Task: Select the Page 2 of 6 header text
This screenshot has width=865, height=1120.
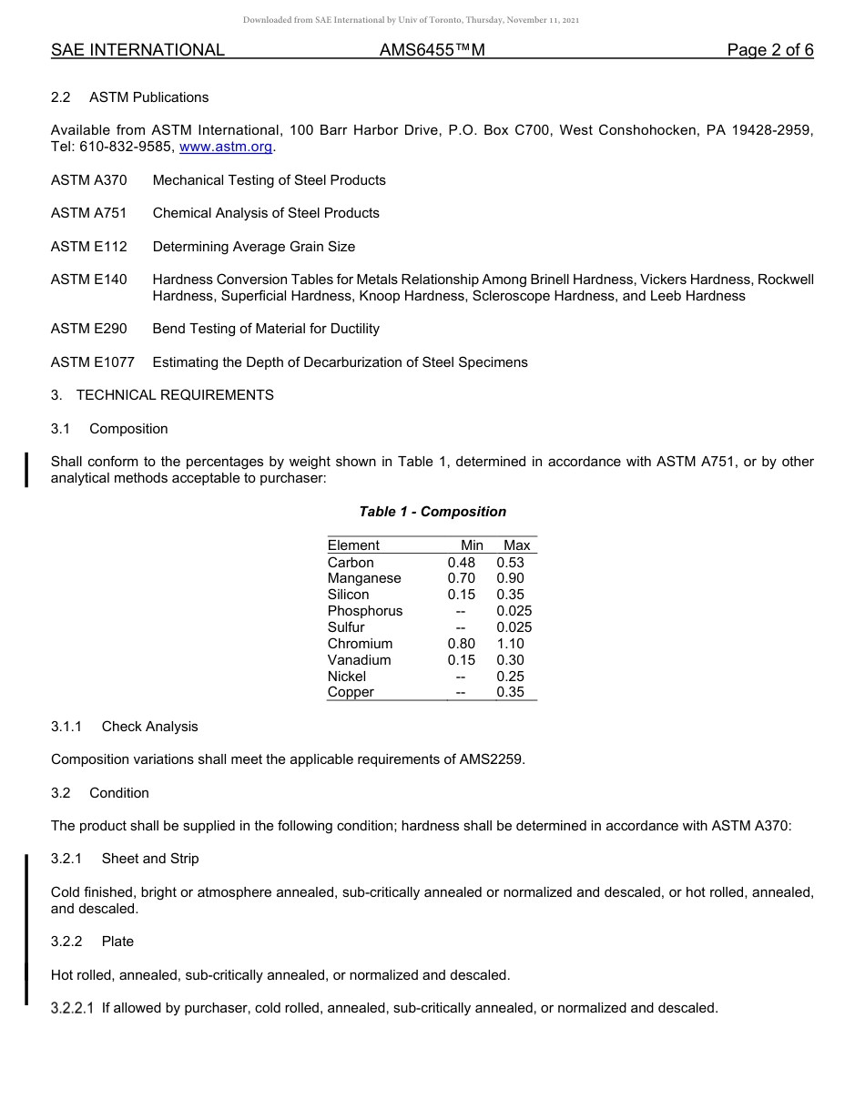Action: pos(769,50)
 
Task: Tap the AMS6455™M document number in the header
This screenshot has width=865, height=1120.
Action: pos(432,50)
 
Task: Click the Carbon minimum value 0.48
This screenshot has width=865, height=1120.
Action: pos(461,563)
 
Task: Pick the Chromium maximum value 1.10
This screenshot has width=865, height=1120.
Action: pos(510,644)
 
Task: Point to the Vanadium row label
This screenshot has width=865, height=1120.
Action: pos(359,660)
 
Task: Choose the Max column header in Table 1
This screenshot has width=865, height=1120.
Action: pos(516,545)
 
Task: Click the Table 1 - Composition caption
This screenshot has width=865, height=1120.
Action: pos(432,512)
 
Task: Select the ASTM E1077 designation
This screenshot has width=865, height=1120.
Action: pos(92,362)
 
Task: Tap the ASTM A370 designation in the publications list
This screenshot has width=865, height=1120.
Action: pos(89,180)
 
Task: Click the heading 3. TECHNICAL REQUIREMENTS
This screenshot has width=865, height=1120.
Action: pos(162,395)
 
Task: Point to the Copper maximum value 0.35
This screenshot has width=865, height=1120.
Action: pos(510,692)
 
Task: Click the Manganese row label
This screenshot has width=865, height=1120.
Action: pos(364,578)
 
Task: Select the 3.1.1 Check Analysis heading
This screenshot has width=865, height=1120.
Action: pos(124,727)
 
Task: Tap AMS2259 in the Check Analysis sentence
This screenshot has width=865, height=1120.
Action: pos(492,759)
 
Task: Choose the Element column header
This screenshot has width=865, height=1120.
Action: pos(353,545)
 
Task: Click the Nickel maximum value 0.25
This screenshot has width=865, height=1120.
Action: pos(510,677)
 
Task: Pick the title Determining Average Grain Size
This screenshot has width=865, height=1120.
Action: pos(253,247)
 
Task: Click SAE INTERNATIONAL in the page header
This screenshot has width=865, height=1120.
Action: pos(137,50)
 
